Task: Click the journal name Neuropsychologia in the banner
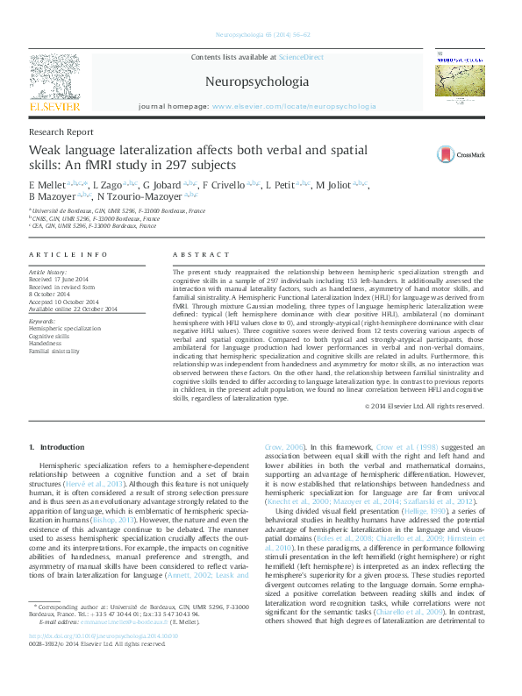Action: click(256, 82)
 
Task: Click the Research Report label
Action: click(61, 132)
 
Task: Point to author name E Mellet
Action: click(46, 186)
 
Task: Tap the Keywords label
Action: click(43, 322)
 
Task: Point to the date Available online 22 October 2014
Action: click(68, 309)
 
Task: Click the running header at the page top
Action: click(261, 36)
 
